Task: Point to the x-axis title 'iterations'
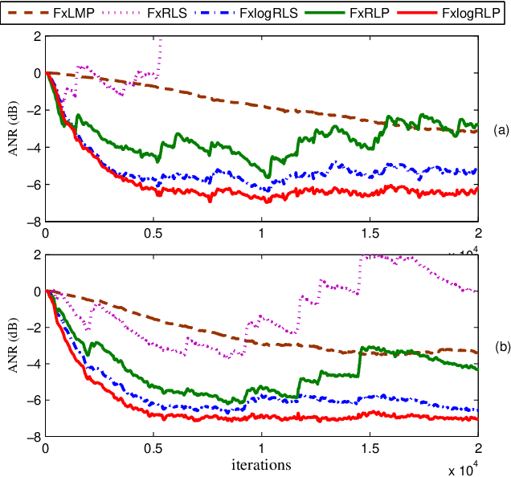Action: click(261, 465)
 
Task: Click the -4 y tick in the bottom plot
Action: click(34, 364)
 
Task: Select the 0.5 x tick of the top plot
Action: click(153, 233)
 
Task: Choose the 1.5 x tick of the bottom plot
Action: click(370, 450)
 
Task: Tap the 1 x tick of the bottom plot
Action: click(261, 450)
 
